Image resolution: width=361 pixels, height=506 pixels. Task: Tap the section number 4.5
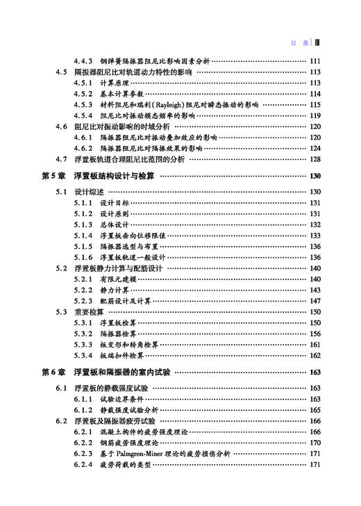[x=61, y=72]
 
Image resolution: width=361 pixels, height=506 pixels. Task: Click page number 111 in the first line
[x=314, y=61]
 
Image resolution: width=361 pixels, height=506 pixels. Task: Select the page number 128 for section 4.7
[x=314, y=159]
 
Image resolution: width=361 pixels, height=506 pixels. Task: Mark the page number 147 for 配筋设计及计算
[x=314, y=301]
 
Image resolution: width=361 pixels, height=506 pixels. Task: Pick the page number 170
[x=314, y=442]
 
